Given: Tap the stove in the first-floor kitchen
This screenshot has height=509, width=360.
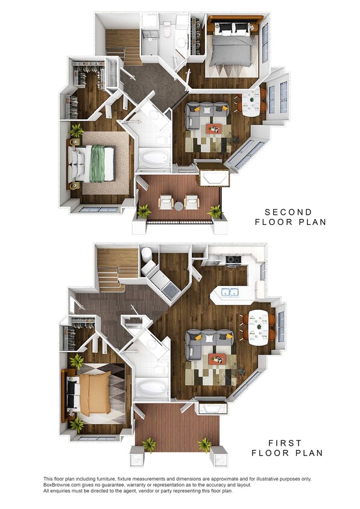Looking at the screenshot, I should (232, 261).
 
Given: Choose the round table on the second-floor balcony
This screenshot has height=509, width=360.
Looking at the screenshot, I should (178, 206).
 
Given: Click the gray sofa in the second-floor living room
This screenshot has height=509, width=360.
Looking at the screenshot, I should (205, 113).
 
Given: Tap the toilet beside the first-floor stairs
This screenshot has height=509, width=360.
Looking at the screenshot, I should (147, 257).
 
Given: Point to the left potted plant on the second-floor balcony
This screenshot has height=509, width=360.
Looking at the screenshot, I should (144, 211).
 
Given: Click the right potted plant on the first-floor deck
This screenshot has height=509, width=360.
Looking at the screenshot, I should (205, 445).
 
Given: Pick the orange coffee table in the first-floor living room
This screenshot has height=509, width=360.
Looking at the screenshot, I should (216, 359).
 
